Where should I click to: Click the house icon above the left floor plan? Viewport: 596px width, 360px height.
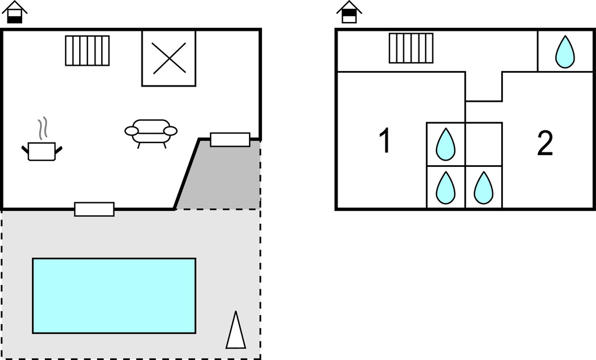(x=15, y=12)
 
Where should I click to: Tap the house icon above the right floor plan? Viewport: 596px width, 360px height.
(x=349, y=12)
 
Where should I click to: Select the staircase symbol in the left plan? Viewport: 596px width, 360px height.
(x=87, y=51)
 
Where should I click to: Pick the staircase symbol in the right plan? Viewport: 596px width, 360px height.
(x=411, y=48)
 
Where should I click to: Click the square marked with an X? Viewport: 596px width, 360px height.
(x=169, y=58)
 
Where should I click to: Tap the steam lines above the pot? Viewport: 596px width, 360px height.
(x=42, y=128)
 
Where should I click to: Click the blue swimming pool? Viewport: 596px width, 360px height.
(x=113, y=295)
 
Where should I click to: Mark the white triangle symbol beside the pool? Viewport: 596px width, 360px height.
(x=236, y=332)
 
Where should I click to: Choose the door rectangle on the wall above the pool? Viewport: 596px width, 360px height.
(x=94, y=209)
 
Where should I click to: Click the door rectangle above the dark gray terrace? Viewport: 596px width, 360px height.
(x=230, y=140)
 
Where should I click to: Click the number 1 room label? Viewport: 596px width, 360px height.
(x=385, y=141)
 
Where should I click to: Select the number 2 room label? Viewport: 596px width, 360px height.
(x=545, y=144)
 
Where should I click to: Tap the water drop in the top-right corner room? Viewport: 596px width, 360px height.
(x=565, y=52)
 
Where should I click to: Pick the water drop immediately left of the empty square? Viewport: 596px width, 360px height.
(x=446, y=144)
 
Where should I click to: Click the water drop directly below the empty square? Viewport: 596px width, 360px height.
(x=483, y=187)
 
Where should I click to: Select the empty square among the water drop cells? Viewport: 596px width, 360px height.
(x=483, y=144)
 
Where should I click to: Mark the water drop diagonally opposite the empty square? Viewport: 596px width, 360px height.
(x=446, y=187)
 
